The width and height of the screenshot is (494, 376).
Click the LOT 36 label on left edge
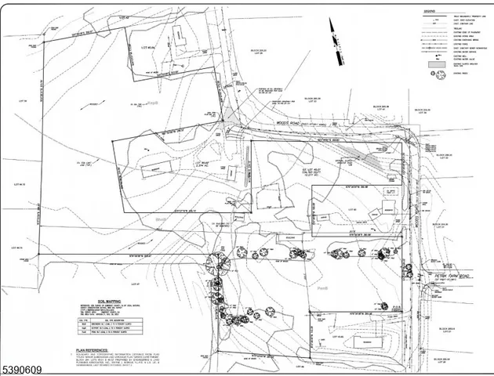point(23,100)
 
